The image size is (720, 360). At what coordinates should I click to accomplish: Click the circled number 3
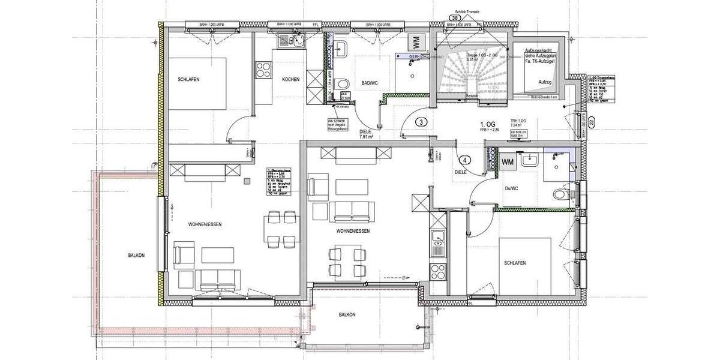[422, 122]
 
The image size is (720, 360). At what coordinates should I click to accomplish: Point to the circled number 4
[464, 160]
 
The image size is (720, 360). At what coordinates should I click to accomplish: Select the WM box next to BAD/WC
[415, 43]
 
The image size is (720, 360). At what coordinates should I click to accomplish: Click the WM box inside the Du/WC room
[508, 162]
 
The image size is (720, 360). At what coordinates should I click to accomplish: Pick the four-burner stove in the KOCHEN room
[263, 69]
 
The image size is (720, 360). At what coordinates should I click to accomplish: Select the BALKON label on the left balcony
[136, 255]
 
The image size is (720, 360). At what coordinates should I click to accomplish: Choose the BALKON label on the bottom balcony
[347, 314]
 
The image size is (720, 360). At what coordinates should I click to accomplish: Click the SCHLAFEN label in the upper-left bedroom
[188, 80]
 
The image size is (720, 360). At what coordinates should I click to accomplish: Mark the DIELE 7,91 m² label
[367, 134]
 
